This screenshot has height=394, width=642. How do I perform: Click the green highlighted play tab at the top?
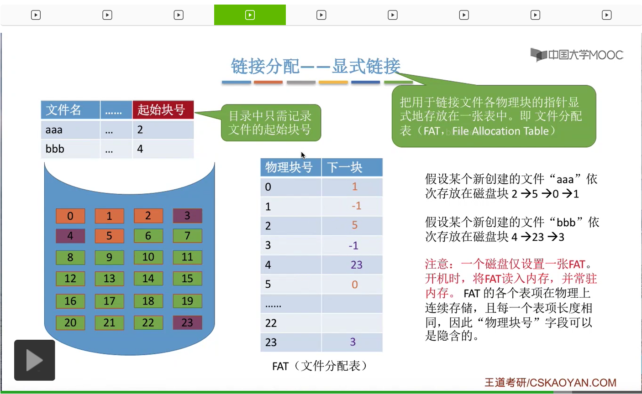[x=250, y=15]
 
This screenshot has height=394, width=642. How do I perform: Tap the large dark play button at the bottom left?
[x=35, y=360]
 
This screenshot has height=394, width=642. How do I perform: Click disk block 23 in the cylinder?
[x=188, y=323]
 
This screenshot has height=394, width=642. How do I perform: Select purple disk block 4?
[x=70, y=236]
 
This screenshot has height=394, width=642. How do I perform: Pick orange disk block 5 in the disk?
[x=109, y=236]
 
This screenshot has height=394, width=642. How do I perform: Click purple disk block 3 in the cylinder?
[x=188, y=215]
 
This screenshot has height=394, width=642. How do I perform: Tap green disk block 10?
[x=148, y=257]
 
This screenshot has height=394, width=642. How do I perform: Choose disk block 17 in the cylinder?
[x=109, y=301]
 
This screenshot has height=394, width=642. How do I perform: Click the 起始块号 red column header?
[x=163, y=109]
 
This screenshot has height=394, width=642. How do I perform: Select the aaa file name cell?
[x=70, y=130]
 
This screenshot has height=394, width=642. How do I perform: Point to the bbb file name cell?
[x=70, y=149]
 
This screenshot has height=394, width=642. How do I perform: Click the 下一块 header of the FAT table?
[x=352, y=167]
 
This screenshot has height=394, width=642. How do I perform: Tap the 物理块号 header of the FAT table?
[x=291, y=167]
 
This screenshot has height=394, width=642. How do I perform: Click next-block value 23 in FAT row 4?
[x=357, y=265]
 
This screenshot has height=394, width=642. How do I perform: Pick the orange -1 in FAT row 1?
[x=357, y=206]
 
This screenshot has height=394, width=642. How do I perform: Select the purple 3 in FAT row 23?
[x=353, y=342]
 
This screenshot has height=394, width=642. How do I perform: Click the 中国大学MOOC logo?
[x=577, y=55]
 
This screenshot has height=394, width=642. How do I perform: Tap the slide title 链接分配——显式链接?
[x=316, y=67]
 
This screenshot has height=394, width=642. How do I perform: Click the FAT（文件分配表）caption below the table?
[x=320, y=366]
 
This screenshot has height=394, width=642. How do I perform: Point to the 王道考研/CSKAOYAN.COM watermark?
[x=550, y=383]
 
